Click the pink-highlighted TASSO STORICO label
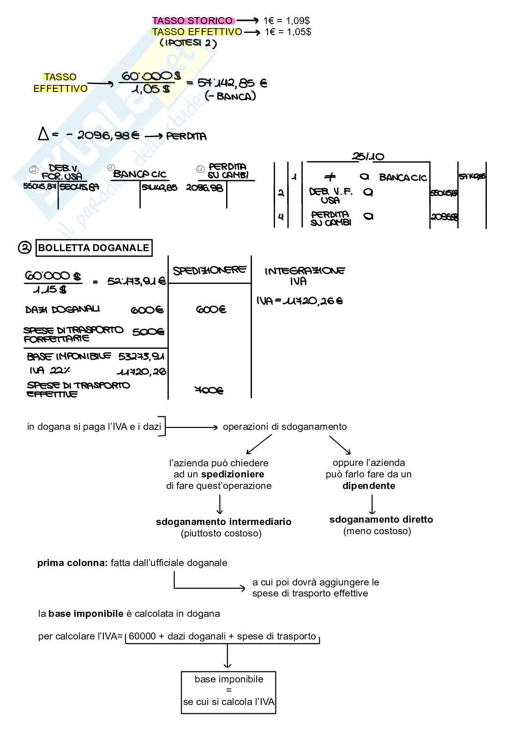click(193, 21)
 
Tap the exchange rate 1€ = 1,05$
click(288, 32)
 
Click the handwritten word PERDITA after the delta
click(186, 136)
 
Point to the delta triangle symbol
click(43, 134)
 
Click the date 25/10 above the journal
click(368, 157)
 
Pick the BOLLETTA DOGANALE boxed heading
click(94, 248)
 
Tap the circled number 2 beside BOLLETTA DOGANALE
click(24, 248)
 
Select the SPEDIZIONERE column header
click(210, 270)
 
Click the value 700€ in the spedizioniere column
click(209, 391)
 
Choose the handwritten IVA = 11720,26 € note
click(300, 301)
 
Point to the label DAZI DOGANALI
click(62, 309)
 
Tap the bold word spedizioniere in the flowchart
click(233, 474)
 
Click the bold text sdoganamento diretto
click(381, 519)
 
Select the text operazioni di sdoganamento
click(285, 427)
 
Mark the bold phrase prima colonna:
click(72, 563)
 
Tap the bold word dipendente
click(369, 486)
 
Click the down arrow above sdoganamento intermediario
click(220, 504)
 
